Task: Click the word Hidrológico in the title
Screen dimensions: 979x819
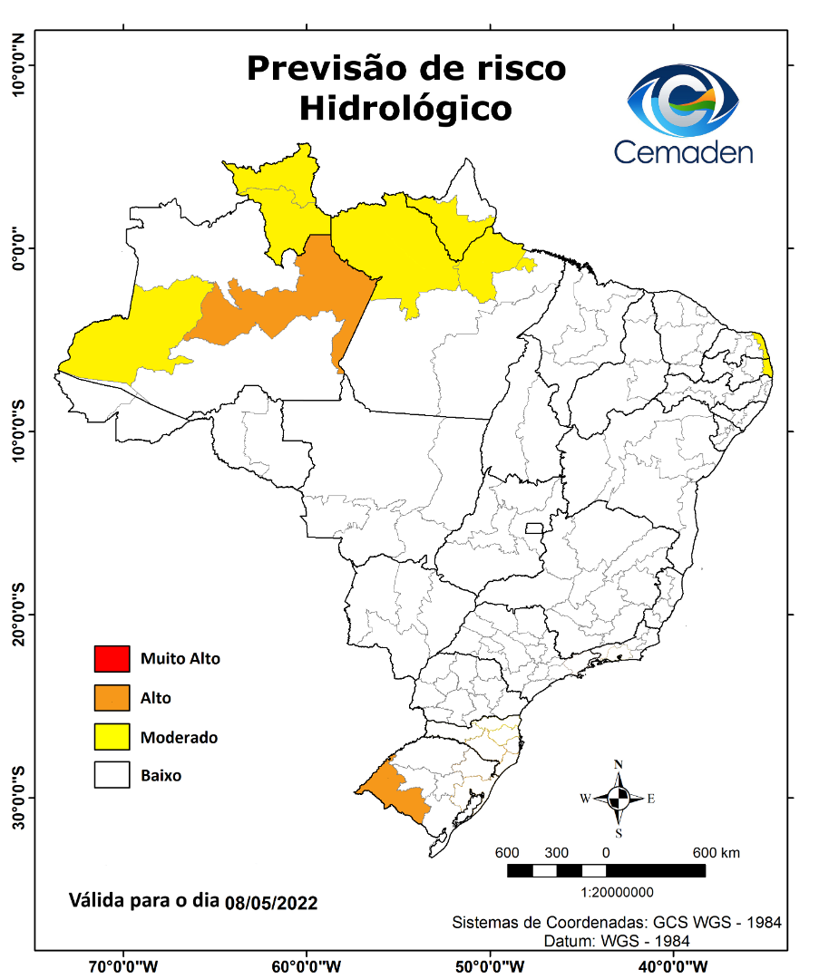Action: tap(405, 108)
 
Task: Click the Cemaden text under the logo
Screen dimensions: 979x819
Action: tap(683, 151)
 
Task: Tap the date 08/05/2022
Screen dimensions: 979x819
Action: tap(271, 903)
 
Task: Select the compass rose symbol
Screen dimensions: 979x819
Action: tap(619, 799)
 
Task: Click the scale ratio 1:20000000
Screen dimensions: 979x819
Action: tap(605, 892)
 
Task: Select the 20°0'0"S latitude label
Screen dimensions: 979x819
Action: tap(17, 615)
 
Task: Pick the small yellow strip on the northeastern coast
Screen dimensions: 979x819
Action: tap(765, 354)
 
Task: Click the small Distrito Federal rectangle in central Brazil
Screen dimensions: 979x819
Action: tap(534, 528)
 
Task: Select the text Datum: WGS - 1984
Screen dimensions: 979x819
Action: tap(617, 941)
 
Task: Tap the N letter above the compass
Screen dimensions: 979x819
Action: tap(619, 764)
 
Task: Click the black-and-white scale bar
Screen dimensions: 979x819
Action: tap(605, 870)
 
